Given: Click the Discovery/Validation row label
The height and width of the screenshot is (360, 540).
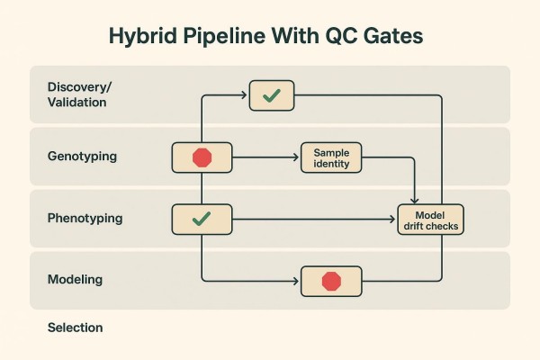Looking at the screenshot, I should coord(77,94).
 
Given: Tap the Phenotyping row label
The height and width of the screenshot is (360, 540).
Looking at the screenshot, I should coord(85,218).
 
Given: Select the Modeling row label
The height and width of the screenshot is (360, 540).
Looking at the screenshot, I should coord(75,280).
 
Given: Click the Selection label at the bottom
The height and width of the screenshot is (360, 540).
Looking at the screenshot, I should coord(75,328).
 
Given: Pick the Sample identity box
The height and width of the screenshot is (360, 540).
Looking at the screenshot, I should coord(331,158).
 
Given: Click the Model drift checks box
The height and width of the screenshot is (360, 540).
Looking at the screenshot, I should coord(431,220).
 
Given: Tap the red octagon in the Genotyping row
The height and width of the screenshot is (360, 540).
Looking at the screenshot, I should coord(202,157).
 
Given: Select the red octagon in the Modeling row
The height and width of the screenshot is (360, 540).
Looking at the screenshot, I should coord(331,281).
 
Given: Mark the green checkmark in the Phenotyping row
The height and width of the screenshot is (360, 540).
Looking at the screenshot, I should coord(202,218).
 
